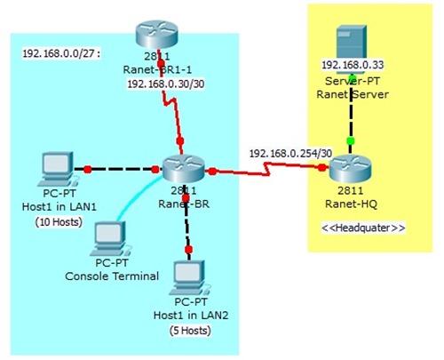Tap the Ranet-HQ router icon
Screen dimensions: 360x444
(x=350, y=166)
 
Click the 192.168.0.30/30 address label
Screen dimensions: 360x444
(x=165, y=84)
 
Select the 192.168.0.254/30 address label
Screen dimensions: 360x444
(x=290, y=153)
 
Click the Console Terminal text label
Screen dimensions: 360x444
(x=112, y=276)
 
